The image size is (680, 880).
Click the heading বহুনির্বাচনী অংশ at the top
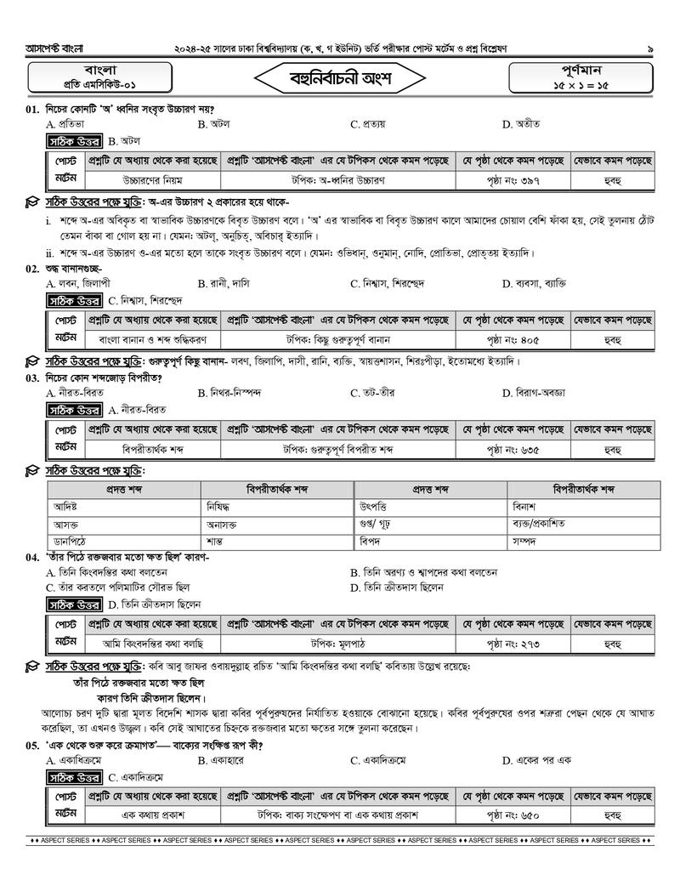coord(339,78)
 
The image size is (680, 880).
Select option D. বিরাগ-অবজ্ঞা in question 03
coord(533,393)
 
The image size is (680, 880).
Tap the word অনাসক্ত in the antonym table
coord(226,525)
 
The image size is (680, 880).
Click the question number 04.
coord(31,557)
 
